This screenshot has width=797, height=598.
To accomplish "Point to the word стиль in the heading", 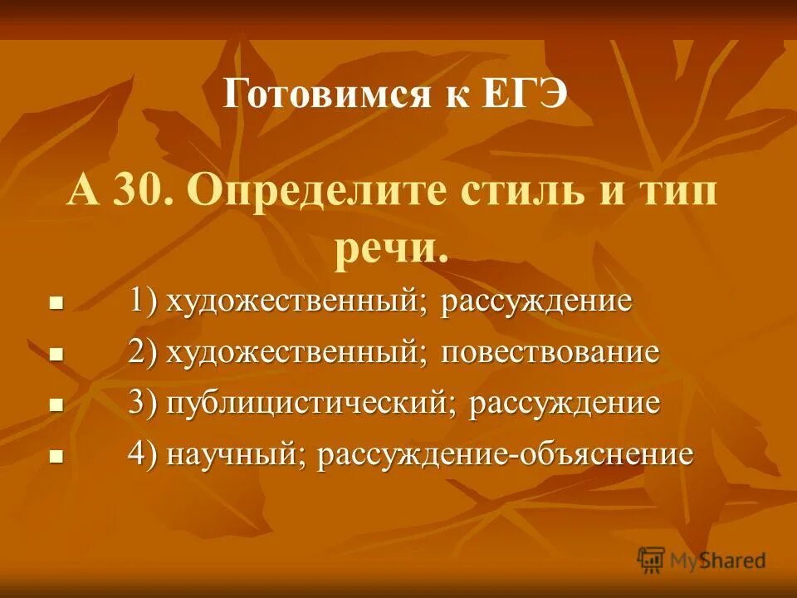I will click(514, 194).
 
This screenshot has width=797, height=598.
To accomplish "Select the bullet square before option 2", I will click(56, 355).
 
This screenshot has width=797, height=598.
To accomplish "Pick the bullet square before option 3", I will click(56, 406).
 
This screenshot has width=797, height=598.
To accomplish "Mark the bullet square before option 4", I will click(56, 457).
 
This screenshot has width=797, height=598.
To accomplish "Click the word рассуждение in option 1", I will click(536, 301).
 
